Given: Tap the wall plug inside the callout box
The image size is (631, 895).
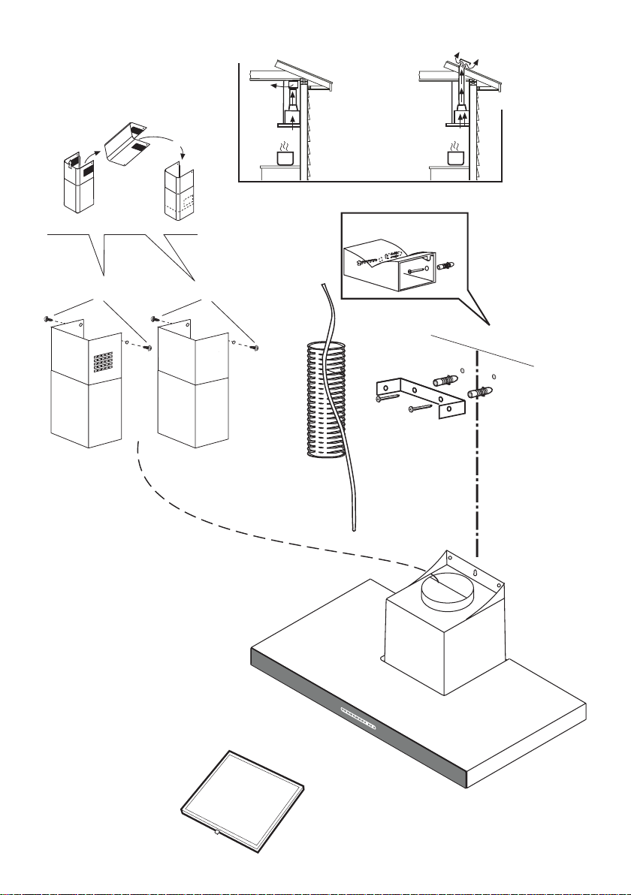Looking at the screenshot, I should coord(449,266).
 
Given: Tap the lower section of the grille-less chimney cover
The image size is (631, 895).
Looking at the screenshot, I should coord(192,413).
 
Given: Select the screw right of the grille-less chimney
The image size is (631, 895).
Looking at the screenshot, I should coord(258,348).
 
